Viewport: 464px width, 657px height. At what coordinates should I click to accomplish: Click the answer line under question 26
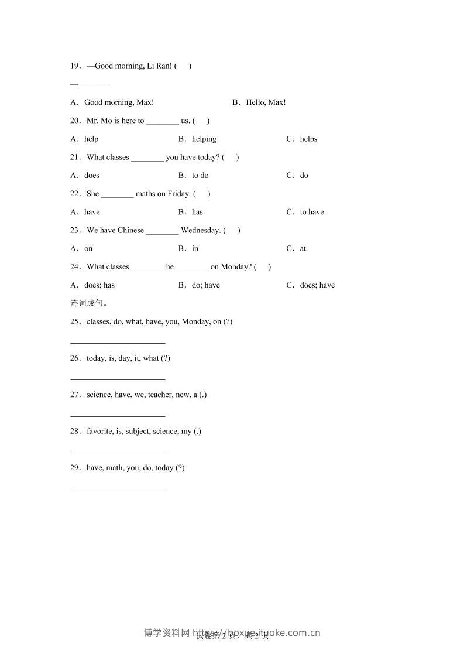(x=118, y=379)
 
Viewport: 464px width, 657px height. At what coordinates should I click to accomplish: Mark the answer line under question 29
(x=118, y=488)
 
